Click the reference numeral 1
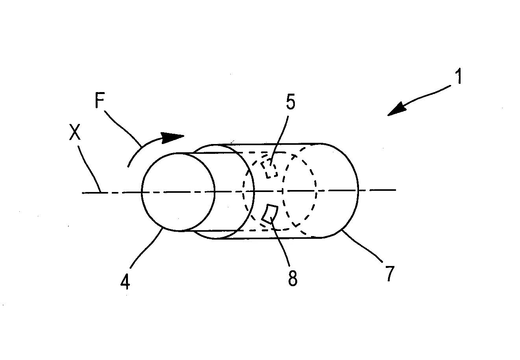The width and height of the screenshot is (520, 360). (x=459, y=76)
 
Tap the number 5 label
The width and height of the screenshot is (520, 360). (x=291, y=102)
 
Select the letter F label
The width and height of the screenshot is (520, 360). (x=100, y=100)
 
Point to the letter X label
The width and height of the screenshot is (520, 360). (x=75, y=132)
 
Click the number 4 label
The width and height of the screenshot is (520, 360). (x=125, y=281)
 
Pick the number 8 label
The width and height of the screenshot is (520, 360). (x=292, y=278)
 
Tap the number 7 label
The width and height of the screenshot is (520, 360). (x=390, y=274)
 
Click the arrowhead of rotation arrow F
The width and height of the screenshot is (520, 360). (x=172, y=138)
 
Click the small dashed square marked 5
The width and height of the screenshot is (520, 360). (x=269, y=168)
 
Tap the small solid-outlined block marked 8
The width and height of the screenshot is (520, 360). (x=270, y=214)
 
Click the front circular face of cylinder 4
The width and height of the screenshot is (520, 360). (x=178, y=192)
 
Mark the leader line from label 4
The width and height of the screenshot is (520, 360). (x=145, y=248)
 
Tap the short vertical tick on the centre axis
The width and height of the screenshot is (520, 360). (x=282, y=191)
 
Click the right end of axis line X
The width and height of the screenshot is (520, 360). (x=396, y=190)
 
